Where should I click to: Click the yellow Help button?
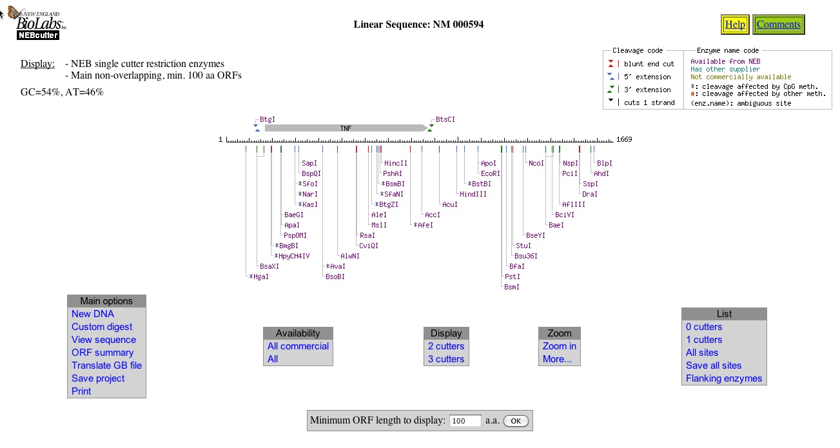click(735, 24)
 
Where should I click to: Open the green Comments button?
click(778, 24)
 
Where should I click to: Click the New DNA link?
click(92, 314)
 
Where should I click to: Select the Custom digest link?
click(102, 327)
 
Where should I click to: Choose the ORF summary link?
click(103, 353)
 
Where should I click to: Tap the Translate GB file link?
click(106, 365)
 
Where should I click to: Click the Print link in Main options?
click(81, 391)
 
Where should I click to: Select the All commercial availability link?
click(298, 346)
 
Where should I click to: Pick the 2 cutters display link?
click(445, 346)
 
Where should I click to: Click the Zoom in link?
click(559, 346)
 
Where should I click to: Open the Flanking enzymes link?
click(724, 378)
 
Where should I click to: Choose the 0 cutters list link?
click(703, 327)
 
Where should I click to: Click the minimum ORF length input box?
click(465, 421)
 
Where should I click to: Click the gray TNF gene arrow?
click(346, 128)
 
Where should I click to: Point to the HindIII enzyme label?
click(473, 194)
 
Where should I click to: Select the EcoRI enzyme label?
click(490, 173)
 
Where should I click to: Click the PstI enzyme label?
click(512, 277)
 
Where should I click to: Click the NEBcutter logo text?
click(37, 35)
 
